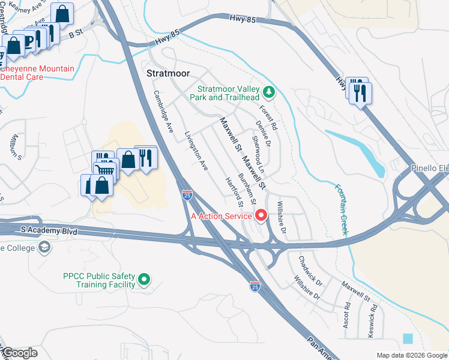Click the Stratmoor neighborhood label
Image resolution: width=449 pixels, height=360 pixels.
(x=168, y=74)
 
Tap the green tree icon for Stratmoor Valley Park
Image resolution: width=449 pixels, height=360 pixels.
(x=270, y=92)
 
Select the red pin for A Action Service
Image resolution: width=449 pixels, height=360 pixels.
(x=261, y=215)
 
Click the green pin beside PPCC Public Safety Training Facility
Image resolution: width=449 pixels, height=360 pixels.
(x=144, y=279)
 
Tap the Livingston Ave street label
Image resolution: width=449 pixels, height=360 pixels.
(x=196, y=150)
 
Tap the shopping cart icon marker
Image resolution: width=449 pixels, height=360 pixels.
(x=106, y=170)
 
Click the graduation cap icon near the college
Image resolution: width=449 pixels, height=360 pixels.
(x=44, y=247)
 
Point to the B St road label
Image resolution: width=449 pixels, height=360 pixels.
(x=74, y=35)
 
